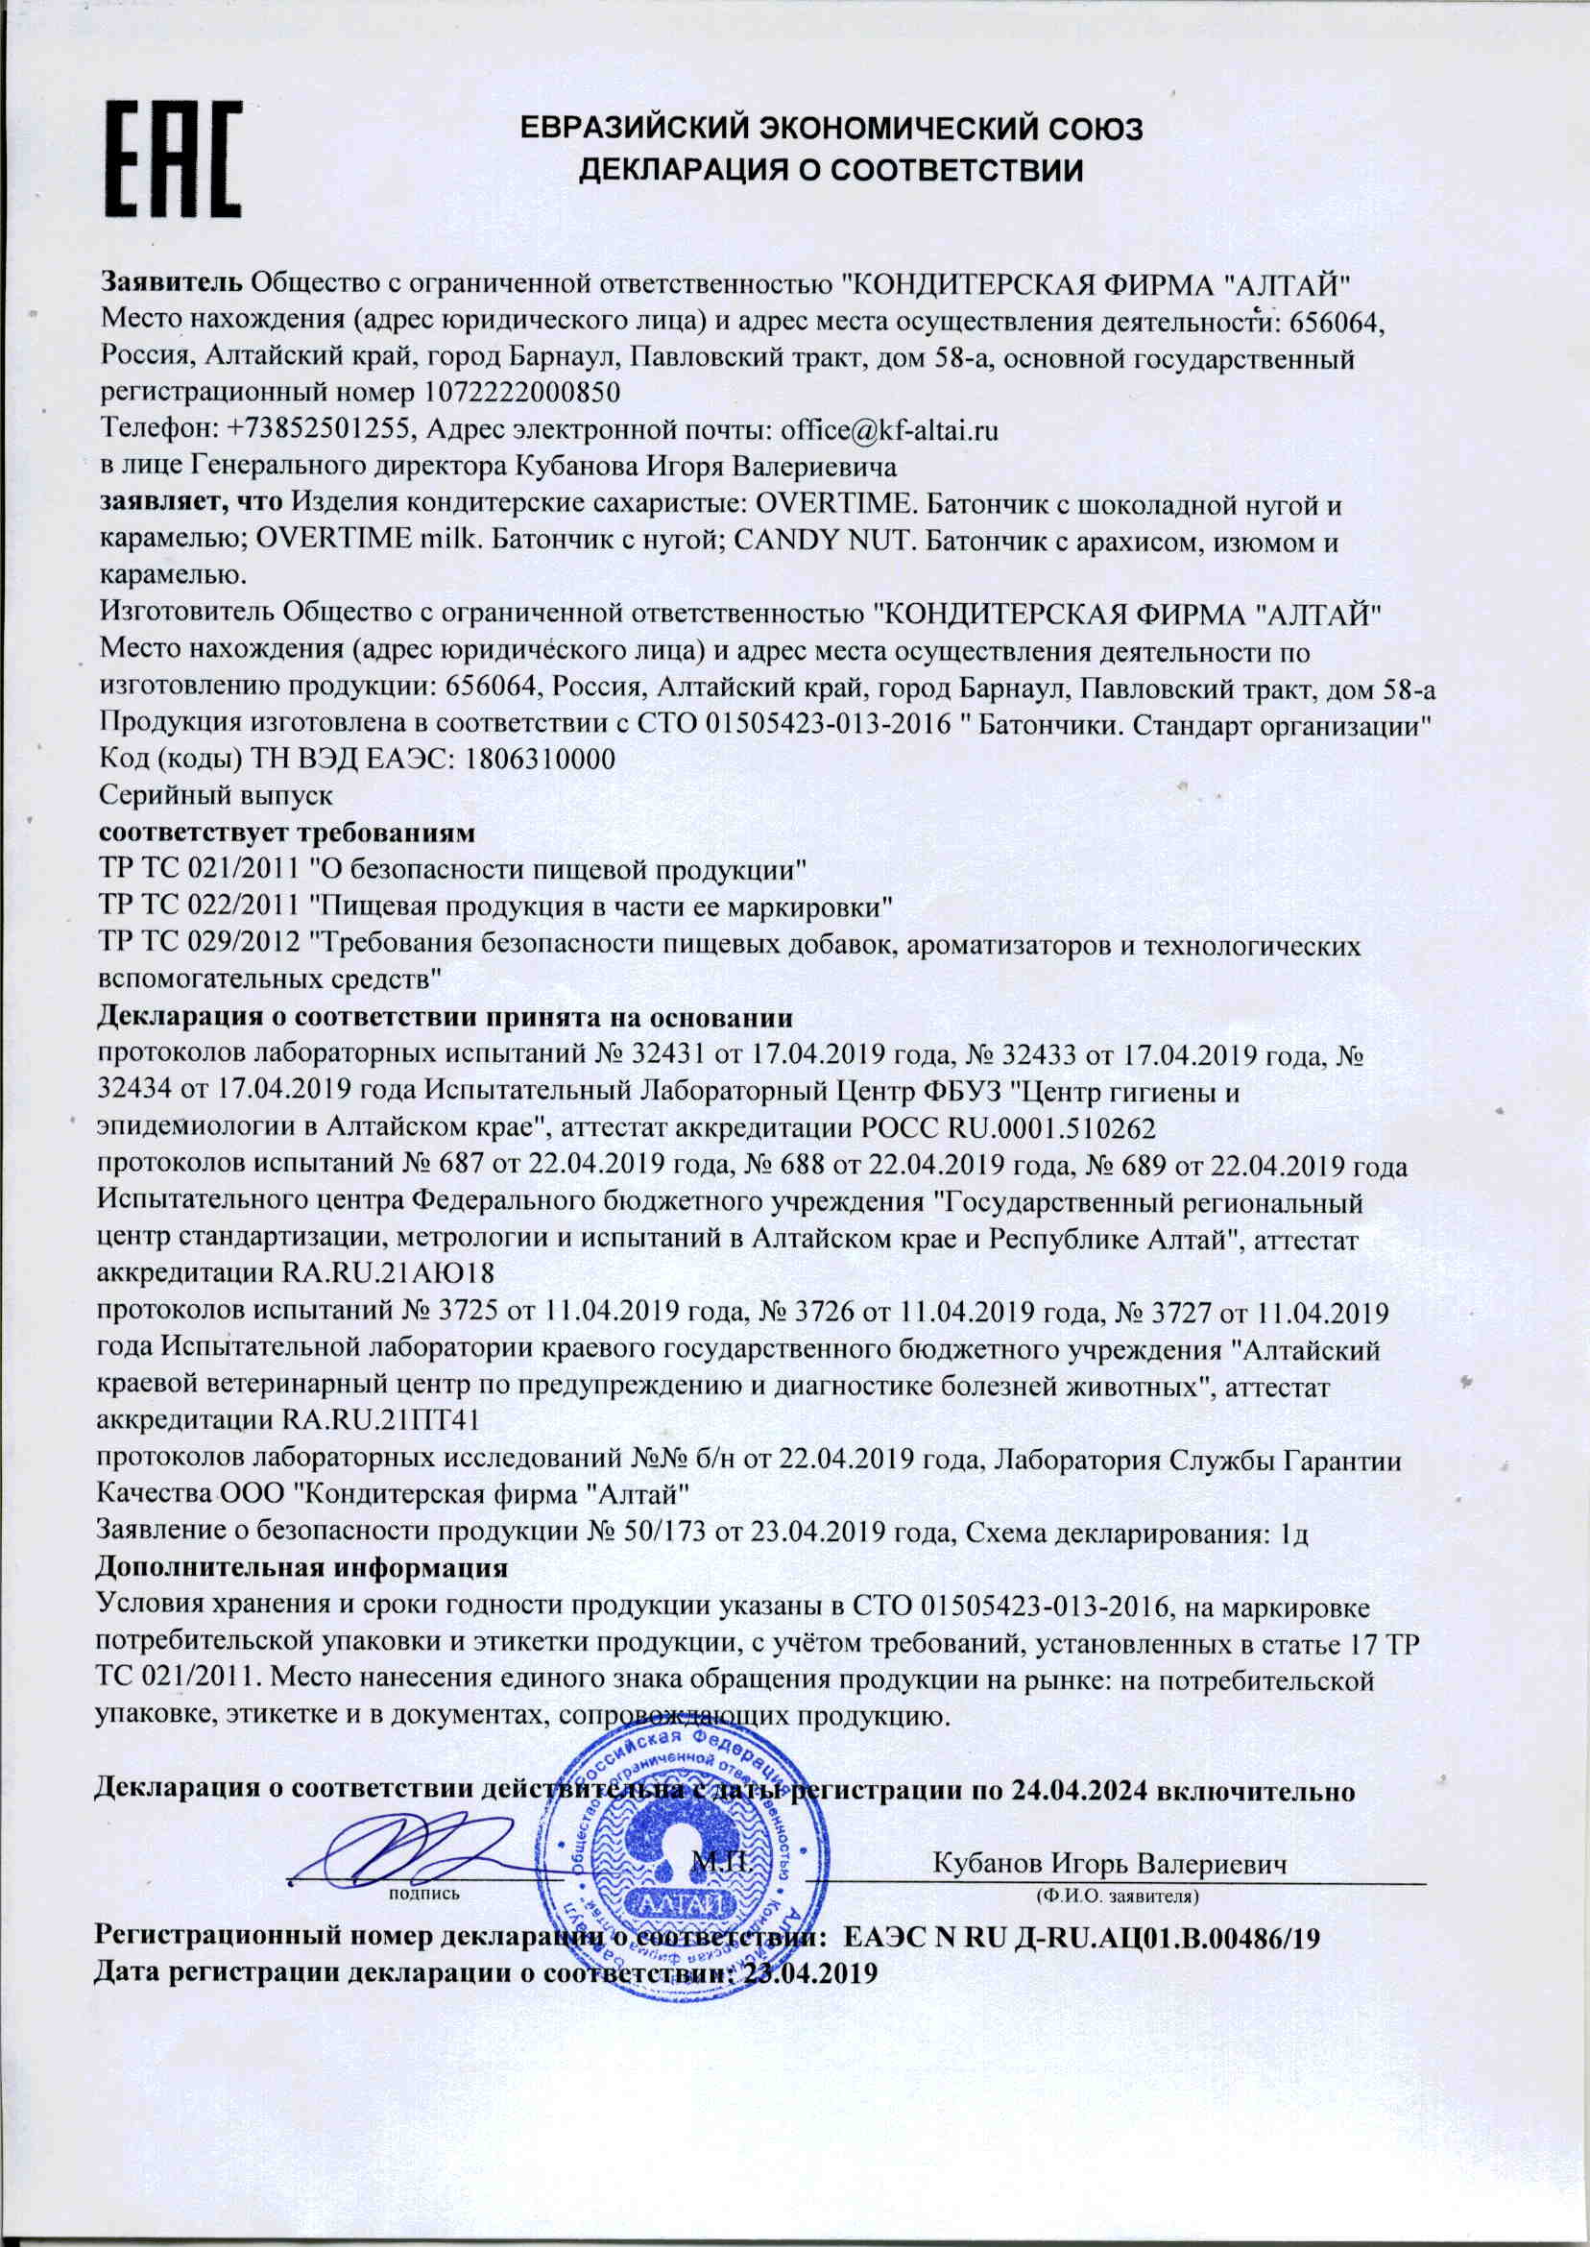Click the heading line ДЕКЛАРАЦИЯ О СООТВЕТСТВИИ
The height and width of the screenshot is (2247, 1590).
[831, 170]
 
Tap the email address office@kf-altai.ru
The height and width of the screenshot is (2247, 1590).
[889, 430]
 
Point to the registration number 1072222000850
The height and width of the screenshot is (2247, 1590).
[524, 394]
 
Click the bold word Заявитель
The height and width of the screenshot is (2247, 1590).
[172, 284]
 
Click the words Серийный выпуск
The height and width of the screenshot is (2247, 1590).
[216, 795]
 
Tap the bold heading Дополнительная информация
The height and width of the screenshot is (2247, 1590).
[301, 1567]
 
